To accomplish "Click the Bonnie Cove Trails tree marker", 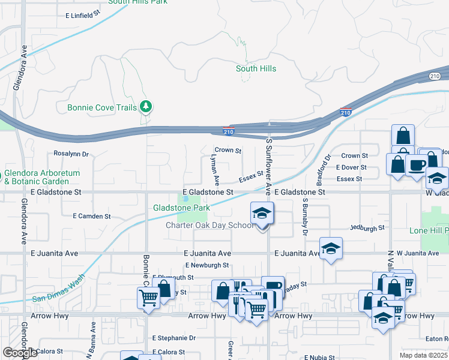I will point(145,107).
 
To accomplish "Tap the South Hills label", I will point(256,69).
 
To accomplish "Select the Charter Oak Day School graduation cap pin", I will point(262,214).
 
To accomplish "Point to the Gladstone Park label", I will point(181,208).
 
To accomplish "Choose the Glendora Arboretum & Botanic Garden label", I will point(42,176).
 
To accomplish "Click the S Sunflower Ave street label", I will point(269,165).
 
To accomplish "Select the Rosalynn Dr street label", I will point(71,154).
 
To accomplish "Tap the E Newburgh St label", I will point(207,265).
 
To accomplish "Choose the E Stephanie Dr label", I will point(174,338).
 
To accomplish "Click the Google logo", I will point(20,353).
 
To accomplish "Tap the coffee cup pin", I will point(416,166).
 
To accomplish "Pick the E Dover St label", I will point(351,167).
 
